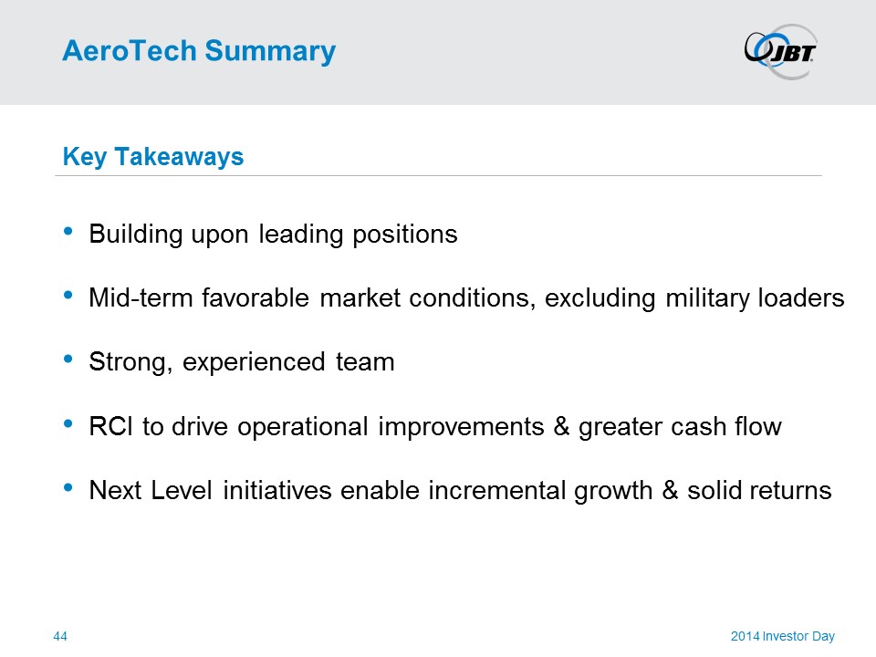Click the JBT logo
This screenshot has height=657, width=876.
pos(780,51)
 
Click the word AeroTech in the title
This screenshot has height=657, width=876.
pos(130,51)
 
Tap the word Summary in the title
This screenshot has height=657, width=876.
pos(270,52)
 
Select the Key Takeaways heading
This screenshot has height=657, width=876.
pos(153,156)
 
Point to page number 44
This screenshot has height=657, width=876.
pos(60,636)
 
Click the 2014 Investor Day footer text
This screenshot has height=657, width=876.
pos(783,636)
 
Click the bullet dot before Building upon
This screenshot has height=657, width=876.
pos(68,231)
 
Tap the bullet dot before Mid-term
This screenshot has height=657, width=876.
pos(68,295)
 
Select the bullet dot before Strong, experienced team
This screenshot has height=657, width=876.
pos(68,360)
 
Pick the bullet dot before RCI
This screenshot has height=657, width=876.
pos(68,423)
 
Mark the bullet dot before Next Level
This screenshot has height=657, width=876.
pos(68,487)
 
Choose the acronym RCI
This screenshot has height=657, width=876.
pos(111,426)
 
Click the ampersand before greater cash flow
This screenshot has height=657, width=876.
pos(561,426)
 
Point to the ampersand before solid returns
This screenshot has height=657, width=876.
pos(671,491)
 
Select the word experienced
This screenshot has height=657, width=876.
pos(254,362)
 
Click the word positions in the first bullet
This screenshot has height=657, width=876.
pos(405,235)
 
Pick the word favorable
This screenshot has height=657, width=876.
pos(255,297)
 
